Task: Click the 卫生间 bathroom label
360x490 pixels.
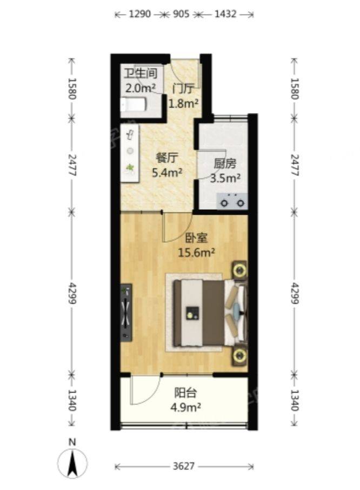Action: coord(140,74)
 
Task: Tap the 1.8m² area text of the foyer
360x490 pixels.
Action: coord(184,103)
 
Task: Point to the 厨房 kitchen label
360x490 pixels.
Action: coord(225,164)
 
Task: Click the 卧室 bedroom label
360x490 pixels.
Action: coord(196,239)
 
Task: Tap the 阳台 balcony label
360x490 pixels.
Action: coord(185,393)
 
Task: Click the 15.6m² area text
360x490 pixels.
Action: coord(196,253)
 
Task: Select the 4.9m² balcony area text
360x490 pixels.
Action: coord(185,407)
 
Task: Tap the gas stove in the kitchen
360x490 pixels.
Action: coord(232,201)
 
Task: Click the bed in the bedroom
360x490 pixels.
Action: coord(210,313)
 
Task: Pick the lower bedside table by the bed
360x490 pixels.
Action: coord(239,355)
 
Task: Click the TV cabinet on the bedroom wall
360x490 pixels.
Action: coord(126,313)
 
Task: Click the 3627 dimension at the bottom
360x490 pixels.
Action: coord(184,466)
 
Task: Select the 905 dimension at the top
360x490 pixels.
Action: coord(181,14)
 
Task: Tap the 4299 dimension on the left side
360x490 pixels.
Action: coord(72,293)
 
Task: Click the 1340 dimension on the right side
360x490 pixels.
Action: coord(295,400)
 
